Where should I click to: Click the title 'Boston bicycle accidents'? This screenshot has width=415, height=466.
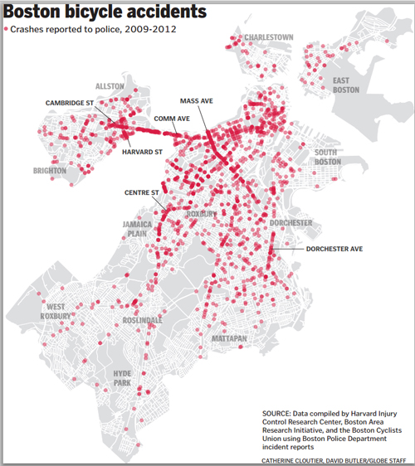pyautogui.click(x=105, y=12)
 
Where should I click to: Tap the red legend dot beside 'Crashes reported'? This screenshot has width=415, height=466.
pyautogui.click(x=6, y=29)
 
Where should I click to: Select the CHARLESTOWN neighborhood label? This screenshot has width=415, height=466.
pyautogui.click(x=269, y=37)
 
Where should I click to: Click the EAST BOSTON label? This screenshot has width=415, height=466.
pyautogui.click(x=345, y=85)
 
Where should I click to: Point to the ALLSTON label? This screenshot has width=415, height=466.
pyautogui.click(x=110, y=86)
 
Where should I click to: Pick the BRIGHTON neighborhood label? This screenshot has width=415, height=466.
pyautogui.click(x=50, y=171)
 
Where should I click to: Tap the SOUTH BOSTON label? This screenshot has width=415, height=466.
pyautogui.click(x=328, y=158)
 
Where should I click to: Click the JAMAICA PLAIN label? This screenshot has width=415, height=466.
pyautogui.click(x=137, y=229)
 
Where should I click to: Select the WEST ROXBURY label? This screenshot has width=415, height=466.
pyautogui.click(x=56, y=312)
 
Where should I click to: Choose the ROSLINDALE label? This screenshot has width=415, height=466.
pyautogui.click(x=143, y=320)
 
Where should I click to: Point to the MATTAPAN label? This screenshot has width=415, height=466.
pyautogui.click(x=229, y=338)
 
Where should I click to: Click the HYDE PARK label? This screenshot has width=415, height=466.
pyautogui.click(x=122, y=378)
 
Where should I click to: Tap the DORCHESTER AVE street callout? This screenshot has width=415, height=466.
pyautogui.click(x=334, y=249)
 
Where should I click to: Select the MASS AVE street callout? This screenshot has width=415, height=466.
pyautogui.click(x=197, y=101)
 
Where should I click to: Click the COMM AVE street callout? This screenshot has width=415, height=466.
pyautogui.click(x=172, y=119)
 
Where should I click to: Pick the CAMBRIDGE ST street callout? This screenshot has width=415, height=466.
pyautogui.click(x=70, y=103)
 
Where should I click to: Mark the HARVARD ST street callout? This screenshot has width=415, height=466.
pyautogui.click(x=142, y=152)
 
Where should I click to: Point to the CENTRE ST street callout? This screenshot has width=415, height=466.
pyautogui.click(x=142, y=192)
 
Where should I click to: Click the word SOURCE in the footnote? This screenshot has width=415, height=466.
pyautogui.click(x=276, y=414)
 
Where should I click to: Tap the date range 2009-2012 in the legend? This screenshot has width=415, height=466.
pyautogui.click(x=150, y=29)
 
